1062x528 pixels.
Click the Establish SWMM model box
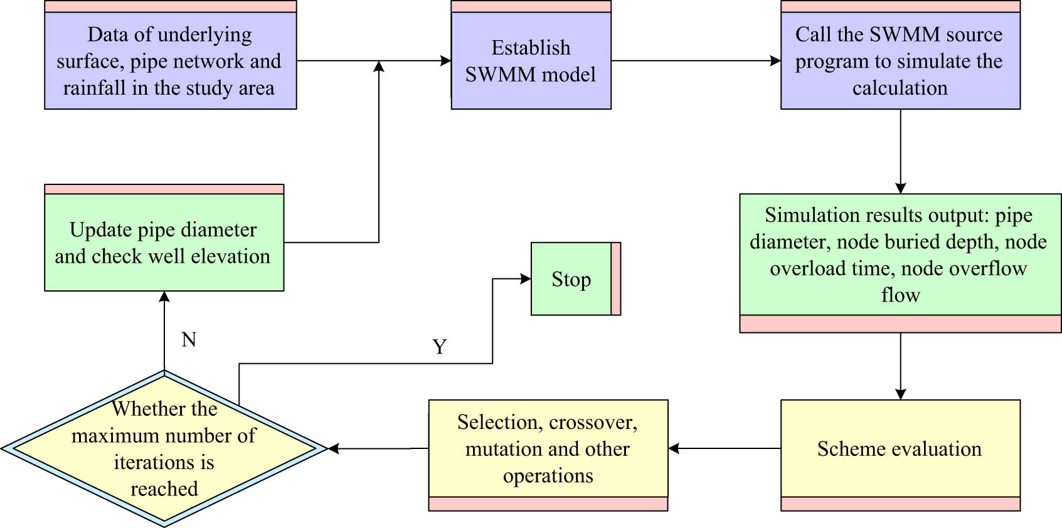531,61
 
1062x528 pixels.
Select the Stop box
571,279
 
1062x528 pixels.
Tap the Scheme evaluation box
900,449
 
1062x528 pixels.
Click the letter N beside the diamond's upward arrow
189,339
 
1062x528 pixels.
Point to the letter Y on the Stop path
440,347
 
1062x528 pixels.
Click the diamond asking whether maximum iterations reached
164,449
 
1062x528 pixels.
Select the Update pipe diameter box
164,243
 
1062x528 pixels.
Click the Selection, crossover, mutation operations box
548,449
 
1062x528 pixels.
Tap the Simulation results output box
900,255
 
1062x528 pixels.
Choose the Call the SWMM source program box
900,61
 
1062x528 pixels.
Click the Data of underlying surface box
170,61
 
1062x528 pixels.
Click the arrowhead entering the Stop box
526,279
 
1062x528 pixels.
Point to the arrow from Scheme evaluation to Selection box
725,449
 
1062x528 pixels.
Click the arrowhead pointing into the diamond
334,449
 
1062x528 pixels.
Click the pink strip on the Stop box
616,279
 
